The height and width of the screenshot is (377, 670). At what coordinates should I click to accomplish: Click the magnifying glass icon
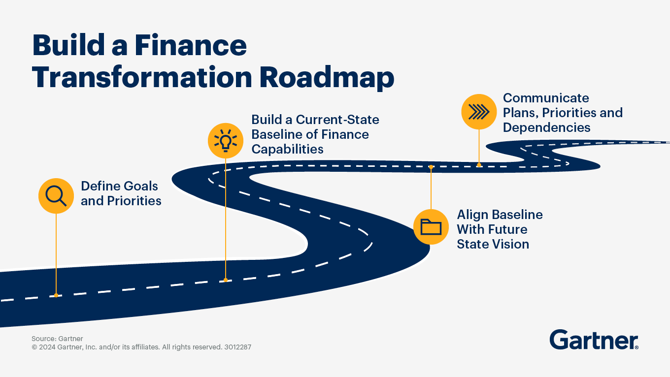[x=56, y=196]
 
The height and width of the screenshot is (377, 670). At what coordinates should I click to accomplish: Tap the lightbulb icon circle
[x=226, y=141]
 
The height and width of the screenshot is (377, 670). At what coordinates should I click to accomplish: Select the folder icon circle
[x=431, y=227]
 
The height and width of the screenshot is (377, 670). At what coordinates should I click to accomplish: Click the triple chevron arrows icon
[x=479, y=112]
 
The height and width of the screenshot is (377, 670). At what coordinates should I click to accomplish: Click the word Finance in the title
[x=190, y=45]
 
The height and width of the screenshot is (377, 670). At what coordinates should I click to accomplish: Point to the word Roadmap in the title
[x=327, y=78]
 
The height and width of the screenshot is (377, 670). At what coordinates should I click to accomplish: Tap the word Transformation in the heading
[x=142, y=77]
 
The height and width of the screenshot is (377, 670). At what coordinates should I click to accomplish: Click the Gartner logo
[x=594, y=340]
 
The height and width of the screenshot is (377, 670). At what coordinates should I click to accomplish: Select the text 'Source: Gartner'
[x=57, y=339]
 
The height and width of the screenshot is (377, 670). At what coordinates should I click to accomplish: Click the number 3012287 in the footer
[x=238, y=347]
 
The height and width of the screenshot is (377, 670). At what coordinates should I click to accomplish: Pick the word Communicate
[x=546, y=98]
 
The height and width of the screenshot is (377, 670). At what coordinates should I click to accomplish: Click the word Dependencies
[x=546, y=127]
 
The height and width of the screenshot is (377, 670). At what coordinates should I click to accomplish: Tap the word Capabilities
[x=287, y=149]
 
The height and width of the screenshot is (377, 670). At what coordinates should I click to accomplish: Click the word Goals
[x=140, y=186]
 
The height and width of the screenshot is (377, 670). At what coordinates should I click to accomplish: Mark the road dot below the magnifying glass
[x=56, y=295]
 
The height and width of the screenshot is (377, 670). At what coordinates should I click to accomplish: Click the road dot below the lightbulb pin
[x=226, y=280]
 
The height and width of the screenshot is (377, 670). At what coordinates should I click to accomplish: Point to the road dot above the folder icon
[x=431, y=167]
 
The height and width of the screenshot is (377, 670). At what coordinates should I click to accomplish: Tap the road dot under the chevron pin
[x=479, y=165]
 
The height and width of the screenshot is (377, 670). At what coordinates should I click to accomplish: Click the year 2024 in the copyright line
[x=47, y=347]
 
